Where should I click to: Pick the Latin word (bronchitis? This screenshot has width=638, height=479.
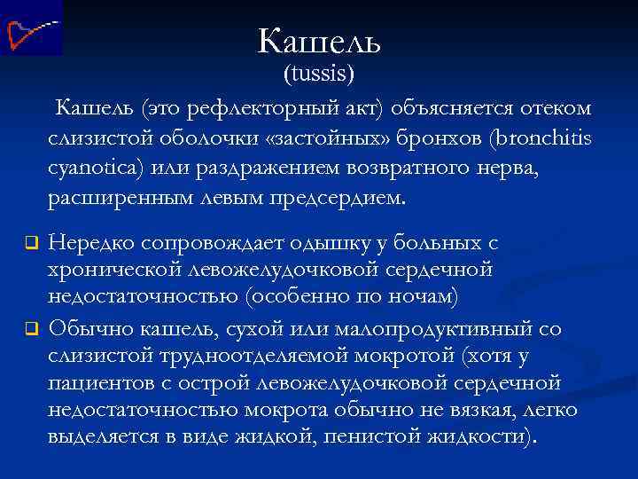(533, 140)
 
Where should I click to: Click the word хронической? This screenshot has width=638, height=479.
(120, 269)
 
